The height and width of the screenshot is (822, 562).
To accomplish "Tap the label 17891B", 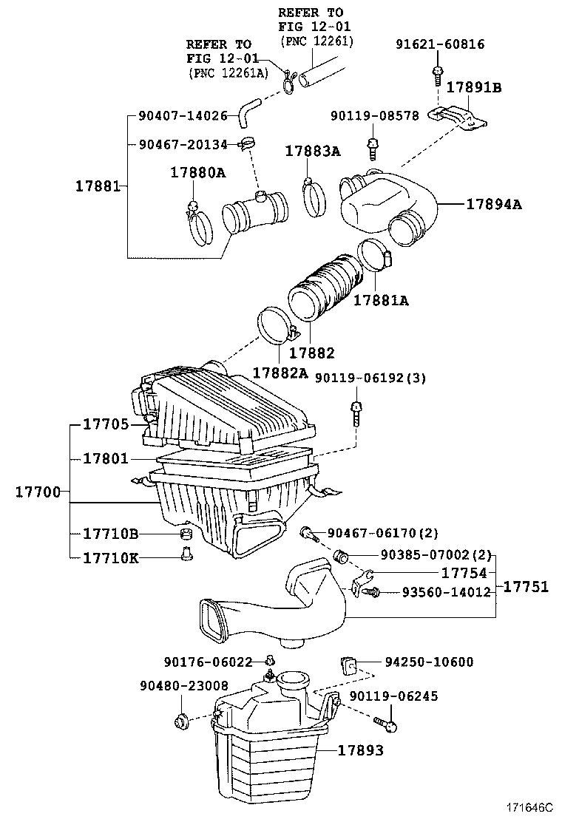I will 473,87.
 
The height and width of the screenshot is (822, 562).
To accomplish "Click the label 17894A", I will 493,205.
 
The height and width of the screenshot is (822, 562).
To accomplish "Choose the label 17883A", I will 314,152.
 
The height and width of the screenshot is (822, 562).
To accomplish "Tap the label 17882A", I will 280,373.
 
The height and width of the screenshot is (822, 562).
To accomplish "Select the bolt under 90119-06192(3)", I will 356,413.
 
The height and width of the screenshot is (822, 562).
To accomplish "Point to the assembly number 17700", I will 38,492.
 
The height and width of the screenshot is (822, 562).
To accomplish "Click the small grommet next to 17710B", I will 187,534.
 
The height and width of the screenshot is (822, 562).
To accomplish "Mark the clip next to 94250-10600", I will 348,663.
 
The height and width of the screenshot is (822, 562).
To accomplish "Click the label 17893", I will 361,750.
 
